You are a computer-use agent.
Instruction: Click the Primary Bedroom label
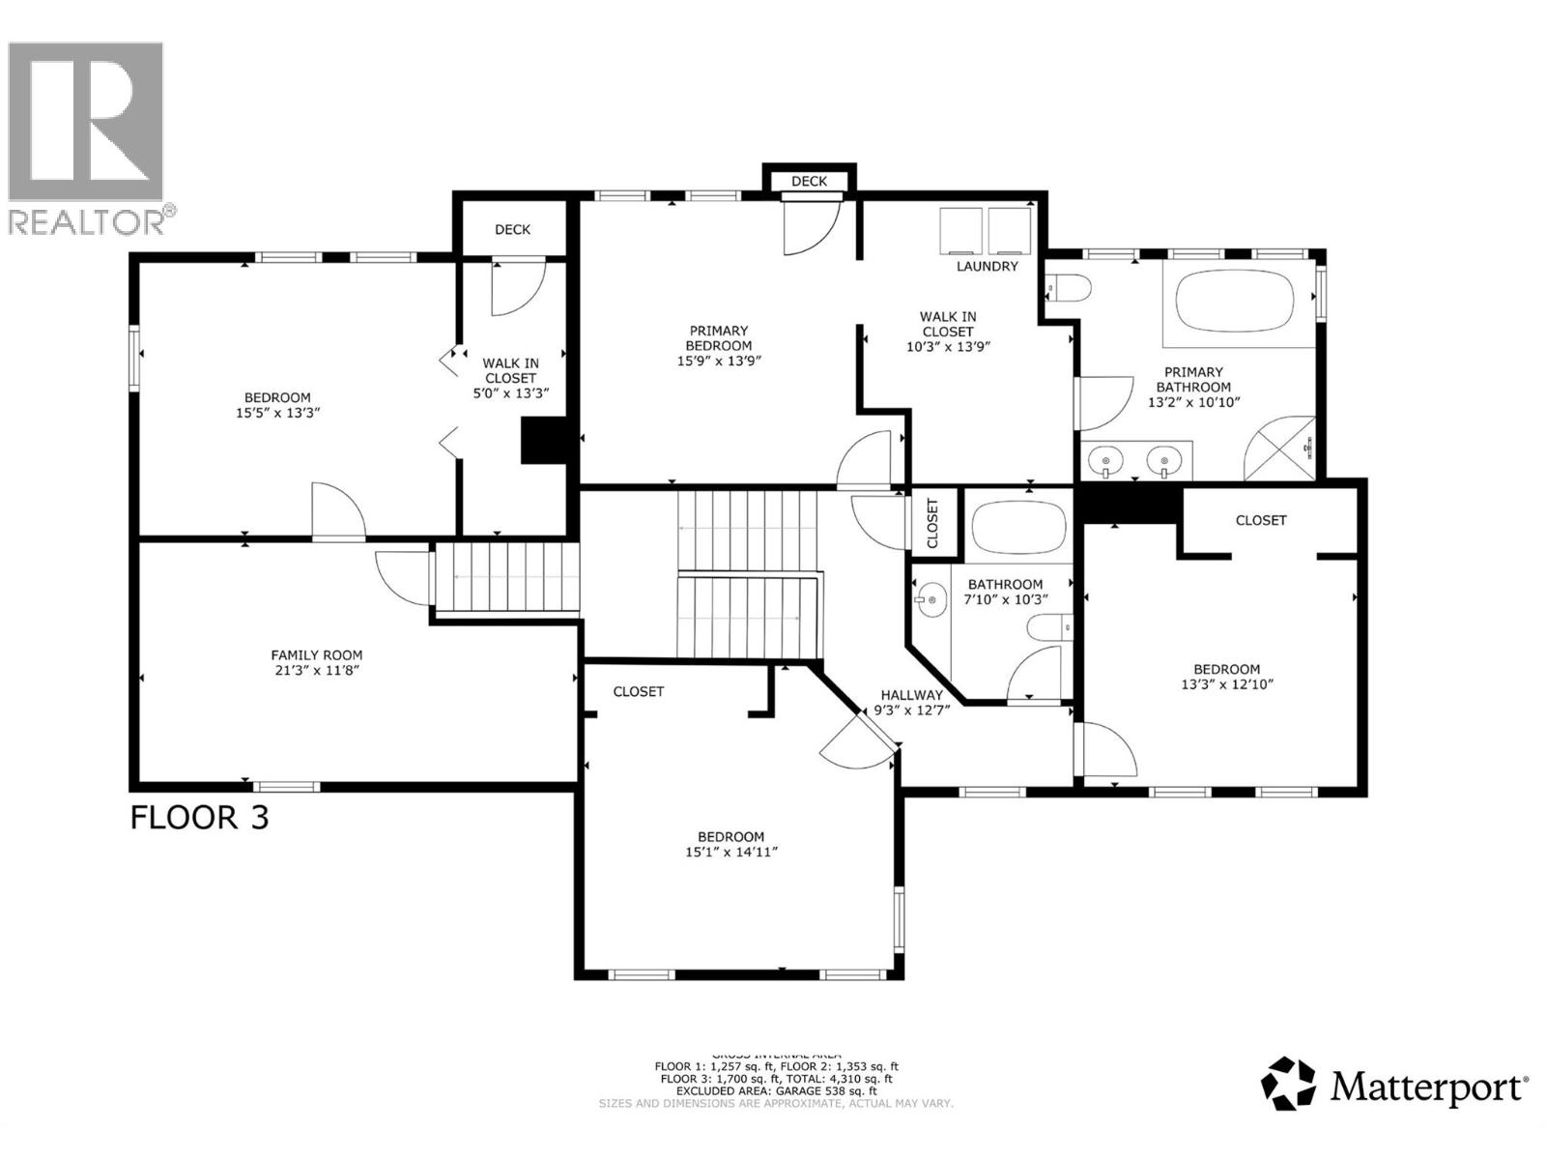pyautogui.click(x=718, y=338)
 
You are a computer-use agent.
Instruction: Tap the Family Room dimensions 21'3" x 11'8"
pyautogui.click(x=316, y=670)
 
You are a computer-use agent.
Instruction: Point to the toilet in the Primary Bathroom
pyautogui.click(x=1070, y=287)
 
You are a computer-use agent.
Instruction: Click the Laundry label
pyautogui.click(x=987, y=266)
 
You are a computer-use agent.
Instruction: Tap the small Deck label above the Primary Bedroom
pyautogui.click(x=809, y=181)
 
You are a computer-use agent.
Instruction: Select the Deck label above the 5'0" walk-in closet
pyautogui.click(x=512, y=229)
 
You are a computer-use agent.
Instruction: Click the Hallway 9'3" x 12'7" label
pyautogui.click(x=911, y=702)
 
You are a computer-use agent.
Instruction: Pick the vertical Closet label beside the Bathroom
pyautogui.click(x=932, y=523)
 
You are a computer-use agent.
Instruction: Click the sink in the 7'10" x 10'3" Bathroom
pyautogui.click(x=931, y=599)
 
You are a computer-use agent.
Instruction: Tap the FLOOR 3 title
pyautogui.click(x=199, y=818)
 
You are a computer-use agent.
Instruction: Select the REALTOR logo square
pyautogui.click(x=85, y=121)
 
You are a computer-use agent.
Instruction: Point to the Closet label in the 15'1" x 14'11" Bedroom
pyautogui.click(x=638, y=691)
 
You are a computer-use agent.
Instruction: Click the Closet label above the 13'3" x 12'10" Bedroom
pyautogui.click(x=1260, y=520)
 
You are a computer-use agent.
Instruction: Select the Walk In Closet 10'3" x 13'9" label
pyautogui.click(x=947, y=331)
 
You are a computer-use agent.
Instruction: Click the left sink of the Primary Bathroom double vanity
pyautogui.click(x=1104, y=462)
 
